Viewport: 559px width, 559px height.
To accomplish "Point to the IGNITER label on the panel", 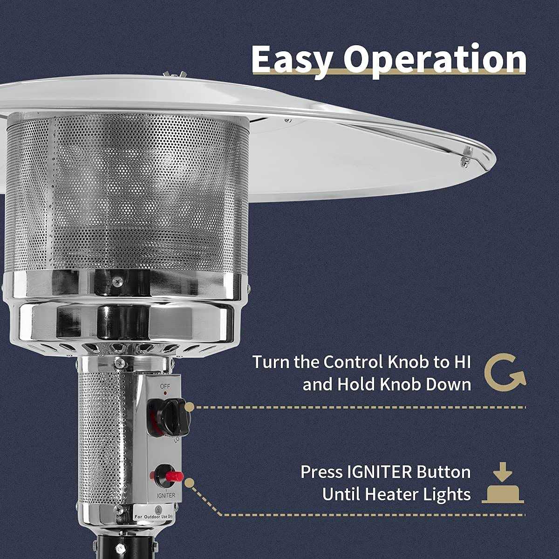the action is point(166,496).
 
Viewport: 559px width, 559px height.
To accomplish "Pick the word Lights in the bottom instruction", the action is point(447,495).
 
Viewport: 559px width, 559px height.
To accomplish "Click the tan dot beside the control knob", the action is point(190,407).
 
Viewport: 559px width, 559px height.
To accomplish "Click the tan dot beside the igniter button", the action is point(190,483).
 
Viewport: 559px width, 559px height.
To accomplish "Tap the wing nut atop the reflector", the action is point(172,75).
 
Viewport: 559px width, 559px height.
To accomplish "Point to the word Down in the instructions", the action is point(448,385).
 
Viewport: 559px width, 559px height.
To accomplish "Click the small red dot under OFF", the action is point(165,393).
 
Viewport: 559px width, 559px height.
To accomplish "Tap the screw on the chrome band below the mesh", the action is point(117,280).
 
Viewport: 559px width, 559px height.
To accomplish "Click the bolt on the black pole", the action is point(119,549).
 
